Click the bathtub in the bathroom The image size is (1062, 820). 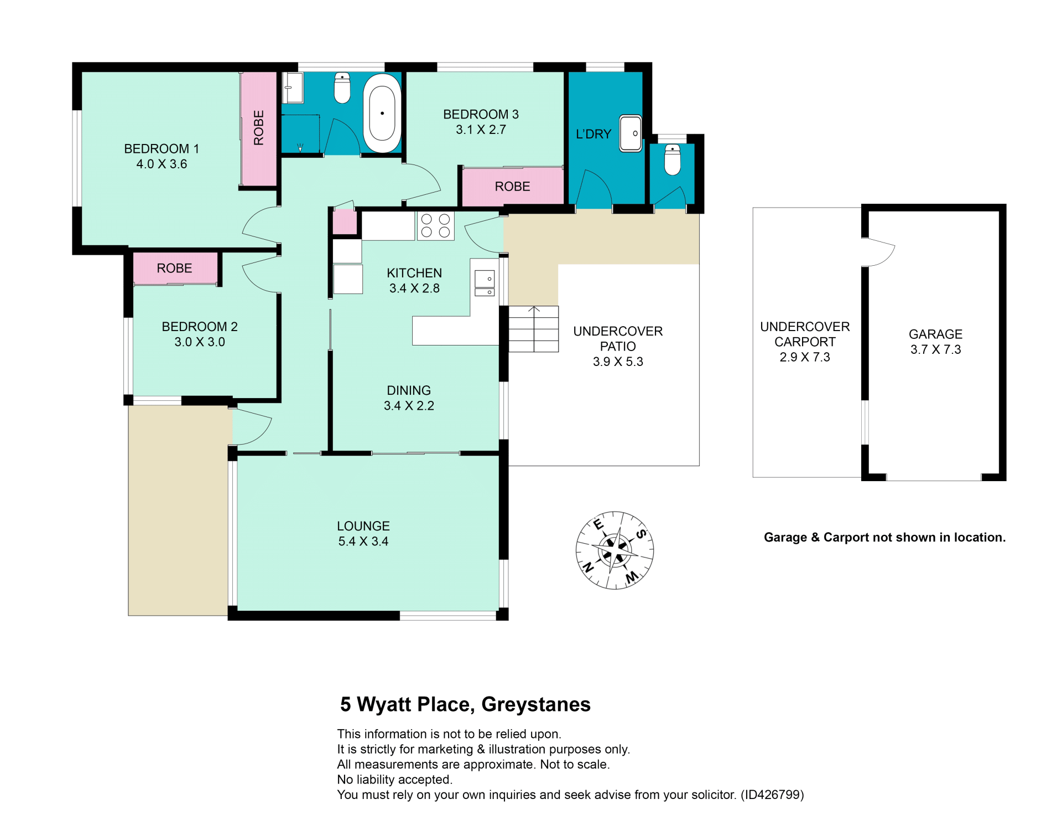[382, 113]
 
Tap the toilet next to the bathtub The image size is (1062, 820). [342, 89]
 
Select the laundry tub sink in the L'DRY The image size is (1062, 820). [631, 133]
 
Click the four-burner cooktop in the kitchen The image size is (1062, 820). [435, 226]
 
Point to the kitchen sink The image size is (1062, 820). [485, 283]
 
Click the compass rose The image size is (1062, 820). [615, 550]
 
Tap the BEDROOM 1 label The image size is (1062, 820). [162, 149]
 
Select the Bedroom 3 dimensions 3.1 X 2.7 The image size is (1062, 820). [481, 130]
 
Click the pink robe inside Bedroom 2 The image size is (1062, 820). [175, 269]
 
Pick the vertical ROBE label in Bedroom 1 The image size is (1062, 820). [258, 128]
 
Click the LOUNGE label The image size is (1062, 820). [363, 526]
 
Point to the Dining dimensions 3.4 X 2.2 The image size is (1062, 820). [409, 406]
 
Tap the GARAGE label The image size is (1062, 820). [935, 334]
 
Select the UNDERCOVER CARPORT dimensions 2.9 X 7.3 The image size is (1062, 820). [805, 357]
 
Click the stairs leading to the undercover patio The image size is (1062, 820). [533, 329]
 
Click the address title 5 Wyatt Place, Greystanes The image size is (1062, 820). [465, 704]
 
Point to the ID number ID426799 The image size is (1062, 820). [772, 795]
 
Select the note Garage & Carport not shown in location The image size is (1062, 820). [884, 538]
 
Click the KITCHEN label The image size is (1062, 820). [414, 273]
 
